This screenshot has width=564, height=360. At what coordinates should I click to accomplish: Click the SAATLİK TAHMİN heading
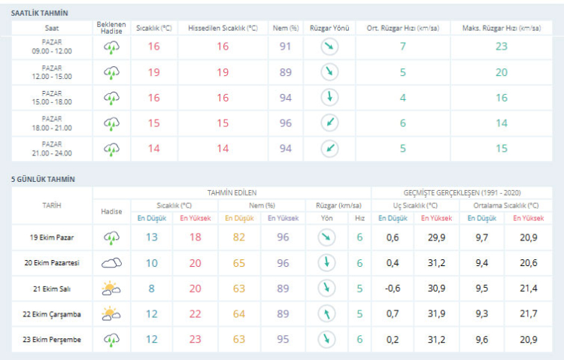(x=39, y=14)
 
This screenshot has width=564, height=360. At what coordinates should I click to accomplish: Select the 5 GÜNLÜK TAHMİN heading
(x=43, y=179)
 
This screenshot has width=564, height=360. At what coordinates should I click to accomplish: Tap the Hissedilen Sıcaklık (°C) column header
(x=223, y=28)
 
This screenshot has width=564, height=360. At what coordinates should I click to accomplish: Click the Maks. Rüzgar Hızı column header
(x=501, y=28)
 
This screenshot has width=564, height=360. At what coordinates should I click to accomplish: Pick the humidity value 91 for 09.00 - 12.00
(x=285, y=47)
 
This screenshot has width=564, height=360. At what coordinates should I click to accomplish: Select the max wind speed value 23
(x=501, y=47)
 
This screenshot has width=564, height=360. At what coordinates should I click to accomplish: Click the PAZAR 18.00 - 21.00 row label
(x=52, y=123)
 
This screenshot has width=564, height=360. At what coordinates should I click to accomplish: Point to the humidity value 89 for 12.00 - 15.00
(x=285, y=72)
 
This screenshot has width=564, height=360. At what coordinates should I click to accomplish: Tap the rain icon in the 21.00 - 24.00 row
(x=111, y=148)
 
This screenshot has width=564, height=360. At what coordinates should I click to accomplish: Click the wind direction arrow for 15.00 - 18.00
(x=329, y=98)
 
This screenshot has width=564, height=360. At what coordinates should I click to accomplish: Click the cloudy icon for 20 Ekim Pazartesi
(x=111, y=263)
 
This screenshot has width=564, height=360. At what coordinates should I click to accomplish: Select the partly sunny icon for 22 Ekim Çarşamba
(x=111, y=313)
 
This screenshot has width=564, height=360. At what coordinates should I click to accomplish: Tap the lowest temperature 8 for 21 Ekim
(x=152, y=288)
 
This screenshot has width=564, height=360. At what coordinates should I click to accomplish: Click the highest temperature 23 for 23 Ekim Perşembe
(x=195, y=339)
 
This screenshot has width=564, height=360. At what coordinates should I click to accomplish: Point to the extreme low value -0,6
(x=392, y=288)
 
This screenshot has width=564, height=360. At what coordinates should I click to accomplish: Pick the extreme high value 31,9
(x=435, y=313)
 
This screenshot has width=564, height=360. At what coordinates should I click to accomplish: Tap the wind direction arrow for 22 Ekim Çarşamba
(x=326, y=313)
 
